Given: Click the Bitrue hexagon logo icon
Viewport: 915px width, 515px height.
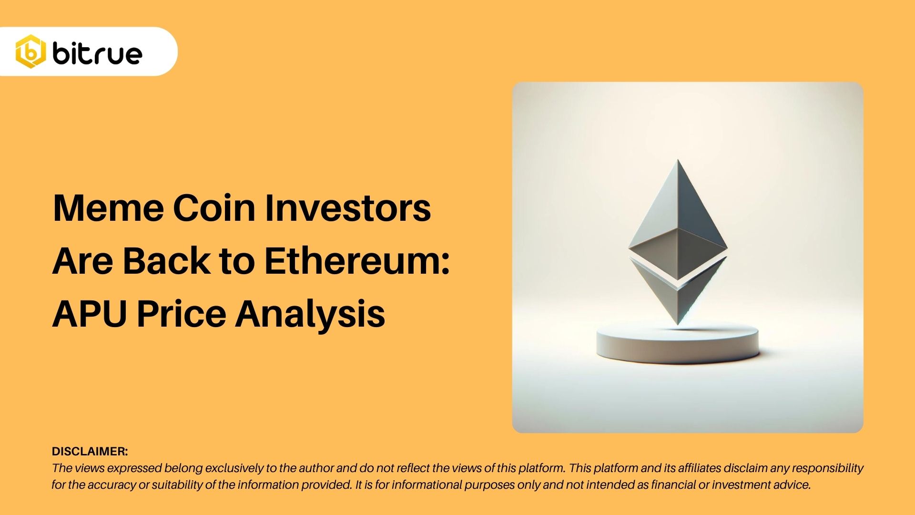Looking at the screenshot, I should tap(30, 51).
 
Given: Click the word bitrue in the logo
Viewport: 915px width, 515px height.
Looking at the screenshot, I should tap(98, 53).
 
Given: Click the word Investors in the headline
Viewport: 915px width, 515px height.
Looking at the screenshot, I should tap(348, 208).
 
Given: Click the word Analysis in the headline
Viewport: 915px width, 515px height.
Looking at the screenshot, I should tap(310, 314).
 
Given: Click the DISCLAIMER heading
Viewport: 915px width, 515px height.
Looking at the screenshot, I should tap(90, 452).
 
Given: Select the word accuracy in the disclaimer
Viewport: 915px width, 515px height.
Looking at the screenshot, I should tap(111, 485).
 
